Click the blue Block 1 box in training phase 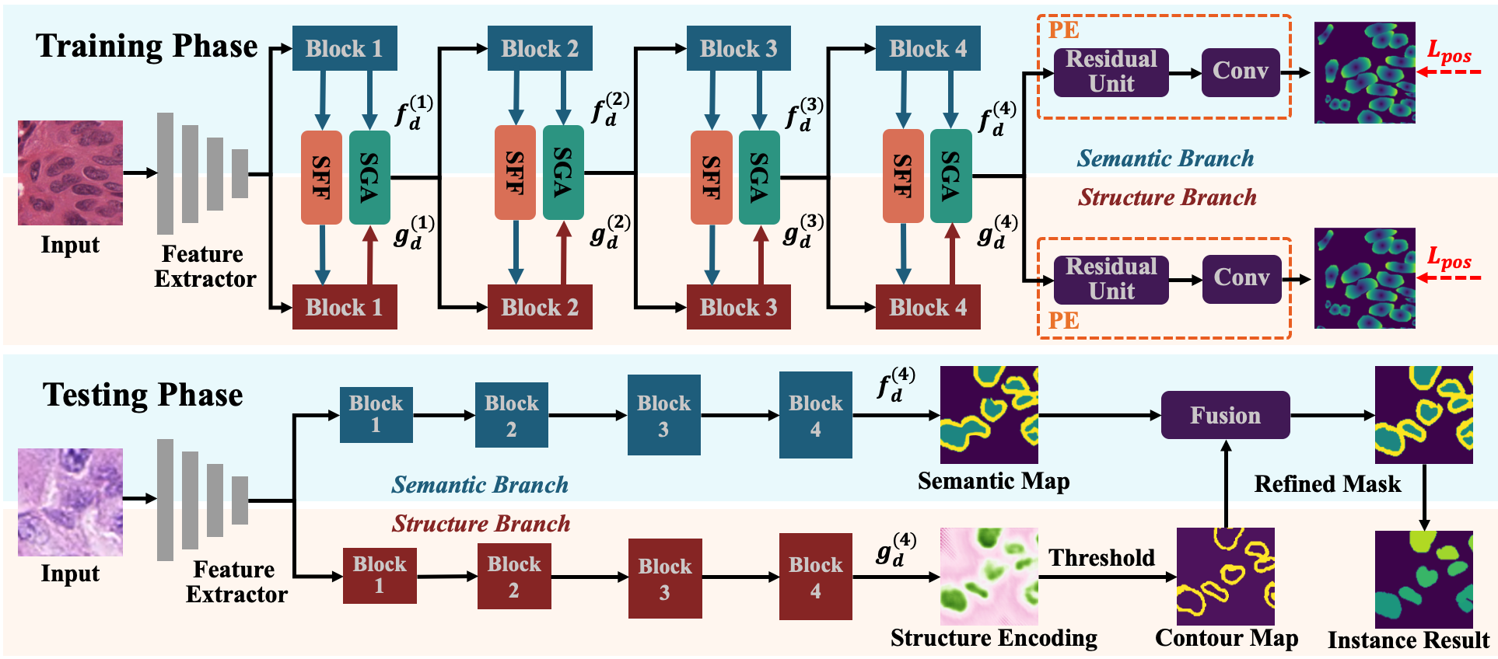pos(345,48)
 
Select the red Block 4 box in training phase pos(928,307)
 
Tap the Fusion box pos(1225,415)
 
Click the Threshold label pos(1101,557)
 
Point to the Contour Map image pos(1226,576)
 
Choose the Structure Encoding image pos(989,576)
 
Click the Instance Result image pos(1424,579)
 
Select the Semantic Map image pos(989,415)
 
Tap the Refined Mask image pos(1424,415)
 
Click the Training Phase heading pos(146,46)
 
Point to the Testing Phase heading pos(142,395)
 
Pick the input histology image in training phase pos(70,173)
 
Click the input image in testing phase pos(70,502)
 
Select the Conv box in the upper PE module pos(1241,72)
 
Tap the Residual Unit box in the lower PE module pos(1111,279)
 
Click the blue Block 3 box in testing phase pos(664,415)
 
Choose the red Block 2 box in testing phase pos(514,576)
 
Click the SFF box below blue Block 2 pos(515,173)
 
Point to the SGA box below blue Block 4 pos(950,176)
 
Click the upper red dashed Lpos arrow pos(1449,72)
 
